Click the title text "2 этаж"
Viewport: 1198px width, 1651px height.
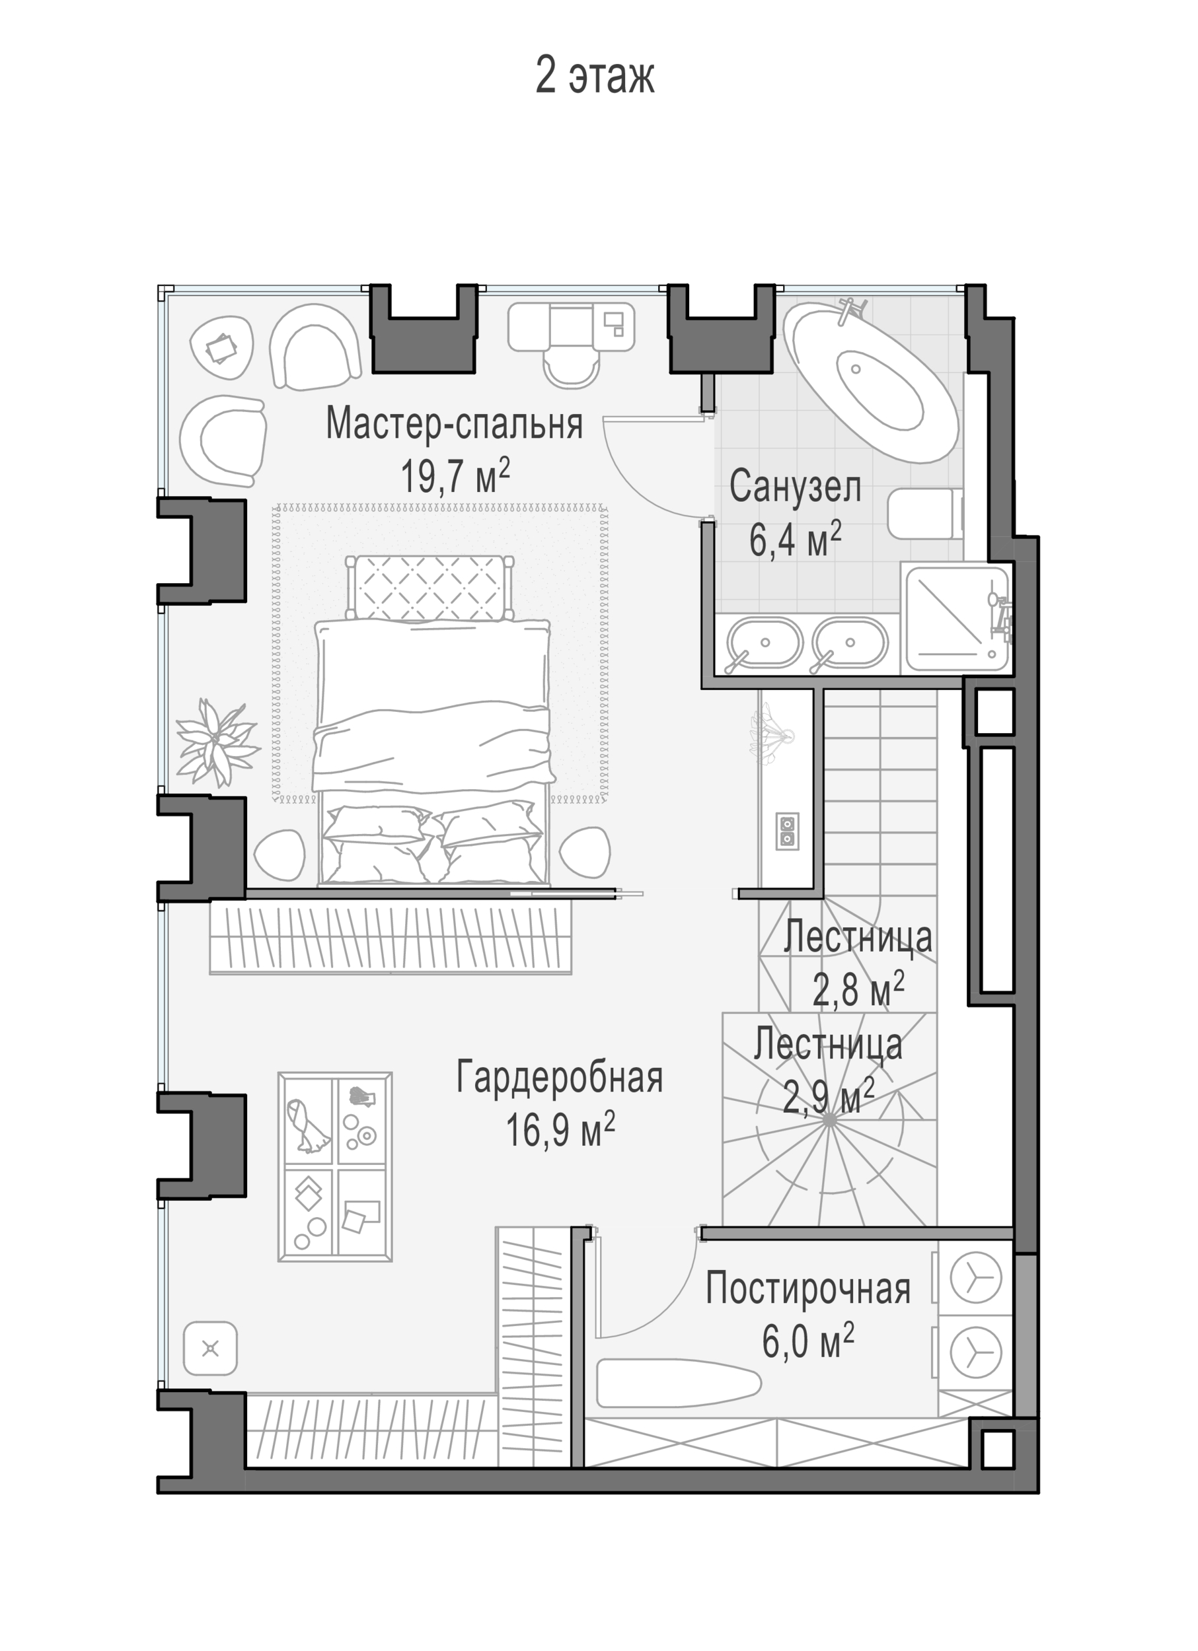pos(595,75)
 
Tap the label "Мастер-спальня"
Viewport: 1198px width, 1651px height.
pos(455,423)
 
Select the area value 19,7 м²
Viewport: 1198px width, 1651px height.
pos(455,476)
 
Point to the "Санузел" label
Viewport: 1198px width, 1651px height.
pos(796,486)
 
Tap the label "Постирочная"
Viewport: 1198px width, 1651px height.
pos(807,1289)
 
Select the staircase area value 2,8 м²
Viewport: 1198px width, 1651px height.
pos(858,990)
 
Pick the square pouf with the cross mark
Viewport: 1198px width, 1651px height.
pos(211,1349)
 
